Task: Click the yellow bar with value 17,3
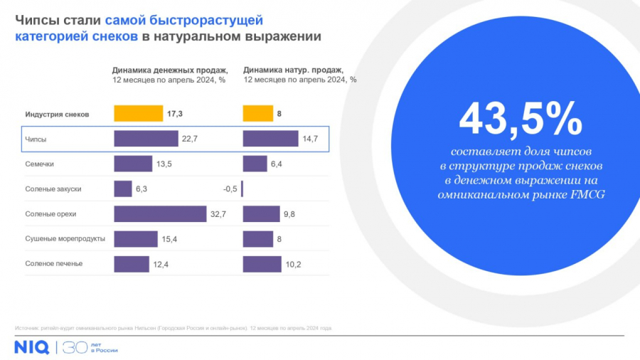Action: (x=139, y=113)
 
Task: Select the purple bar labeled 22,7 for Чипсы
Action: (x=146, y=139)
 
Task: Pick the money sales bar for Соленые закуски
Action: (x=123, y=189)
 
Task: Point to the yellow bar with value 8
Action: (x=258, y=113)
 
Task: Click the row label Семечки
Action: (x=39, y=164)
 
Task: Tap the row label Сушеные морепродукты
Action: (x=65, y=239)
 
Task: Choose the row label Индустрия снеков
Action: (x=57, y=114)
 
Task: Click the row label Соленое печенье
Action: (x=54, y=264)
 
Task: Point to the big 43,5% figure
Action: (x=521, y=119)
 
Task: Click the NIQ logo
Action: (x=31, y=347)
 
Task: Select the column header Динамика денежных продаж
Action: (x=170, y=70)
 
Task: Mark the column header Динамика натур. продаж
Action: (x=293, y=70)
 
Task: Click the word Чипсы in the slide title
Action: (x=36, y=20)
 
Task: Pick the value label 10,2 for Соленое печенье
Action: (x=293, y=265)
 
